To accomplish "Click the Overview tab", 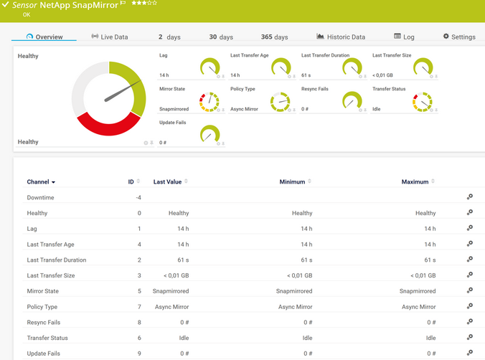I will tap(44, 37).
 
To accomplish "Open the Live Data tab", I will tap(110, 37).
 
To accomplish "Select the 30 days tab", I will tap(221, 37).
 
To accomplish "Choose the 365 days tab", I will tap(274, 37).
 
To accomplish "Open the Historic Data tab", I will tap(341, 37).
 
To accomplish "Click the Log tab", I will tap(404, 37).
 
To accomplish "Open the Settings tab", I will tap(459, 37).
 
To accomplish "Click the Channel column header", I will tap(41, 182).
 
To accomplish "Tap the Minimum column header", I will tap(292, 182).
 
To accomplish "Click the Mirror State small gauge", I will tap(209, 102).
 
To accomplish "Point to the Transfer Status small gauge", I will tap(423, 102).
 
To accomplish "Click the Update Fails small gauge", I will tap(209, 134).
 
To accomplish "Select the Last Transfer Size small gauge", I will tap(423, 68).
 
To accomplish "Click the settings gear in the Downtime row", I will tap(469, 197).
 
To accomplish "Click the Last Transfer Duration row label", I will tap(57, 260).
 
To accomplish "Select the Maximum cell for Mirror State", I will tap(417, 291).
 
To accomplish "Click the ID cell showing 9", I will tap(138, 354).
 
